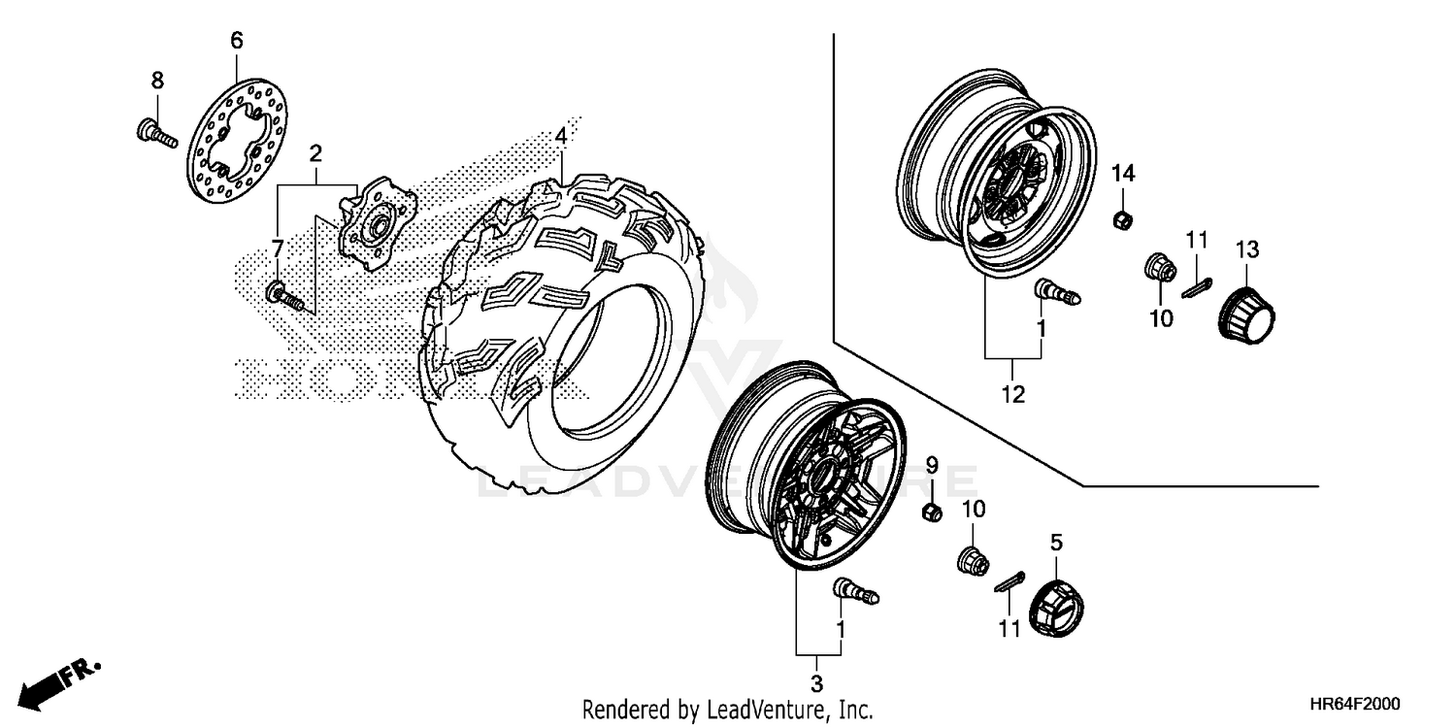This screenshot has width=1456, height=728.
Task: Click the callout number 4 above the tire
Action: pyautogui.click(x=560, y=138)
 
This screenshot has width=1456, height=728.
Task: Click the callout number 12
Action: pyautogui.click(x=1012, y=394)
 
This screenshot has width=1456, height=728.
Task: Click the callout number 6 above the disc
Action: pyautogui.click(x=236, y=41)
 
